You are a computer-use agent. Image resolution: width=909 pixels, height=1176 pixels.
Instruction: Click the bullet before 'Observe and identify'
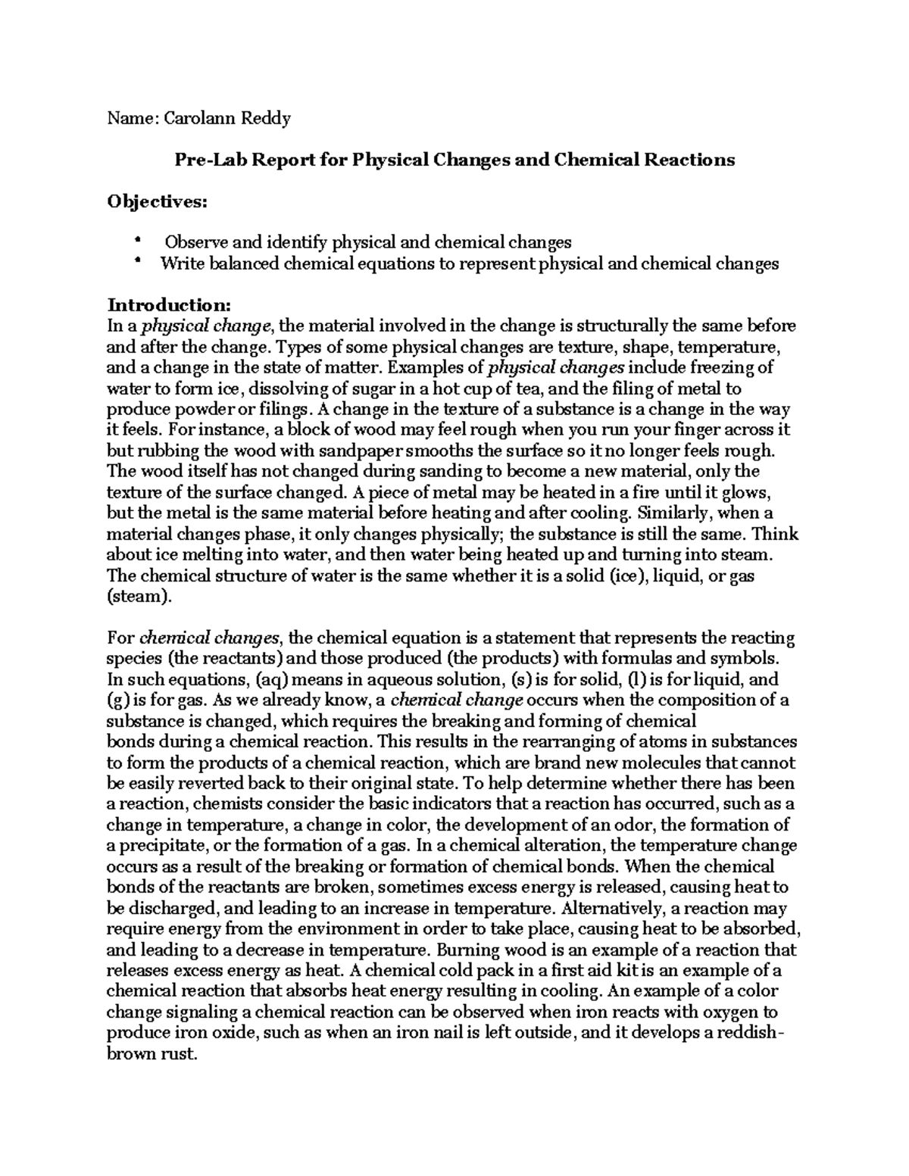(137, 241)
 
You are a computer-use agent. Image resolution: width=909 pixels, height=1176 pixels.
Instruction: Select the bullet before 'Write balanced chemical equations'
(137, 262)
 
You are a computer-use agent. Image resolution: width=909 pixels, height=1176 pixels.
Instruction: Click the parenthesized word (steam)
(141, 597)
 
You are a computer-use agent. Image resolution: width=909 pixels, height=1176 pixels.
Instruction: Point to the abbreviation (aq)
(270, 680)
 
